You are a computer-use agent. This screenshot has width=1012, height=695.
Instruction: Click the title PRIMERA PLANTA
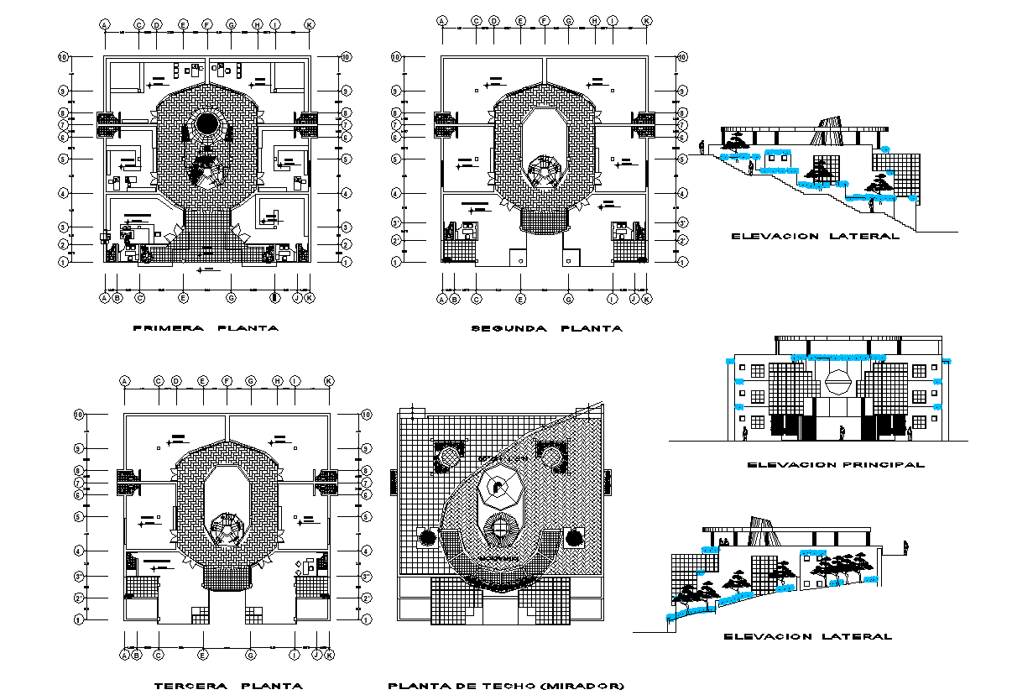[x=206, y=328]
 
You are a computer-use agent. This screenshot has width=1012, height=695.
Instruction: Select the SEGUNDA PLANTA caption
[x=547, y=328]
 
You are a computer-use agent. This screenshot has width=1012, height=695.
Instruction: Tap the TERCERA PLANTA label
[x=229, y=686]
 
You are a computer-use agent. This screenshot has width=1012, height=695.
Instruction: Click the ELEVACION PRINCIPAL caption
[x=836, y=464]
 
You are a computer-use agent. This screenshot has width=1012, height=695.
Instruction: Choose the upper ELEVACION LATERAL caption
[x=815, y=237]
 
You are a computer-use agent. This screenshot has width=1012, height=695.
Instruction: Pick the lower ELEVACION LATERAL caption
[x=807, y=636]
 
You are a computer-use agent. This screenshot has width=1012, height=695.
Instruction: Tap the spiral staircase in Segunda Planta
[x=545, y=172]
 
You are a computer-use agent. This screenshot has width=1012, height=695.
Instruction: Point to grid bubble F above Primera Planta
[x=206, y=24]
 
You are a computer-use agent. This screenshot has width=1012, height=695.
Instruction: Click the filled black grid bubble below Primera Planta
[x=274, y=297]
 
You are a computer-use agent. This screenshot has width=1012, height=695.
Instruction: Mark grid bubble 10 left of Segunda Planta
[x=398, y=57]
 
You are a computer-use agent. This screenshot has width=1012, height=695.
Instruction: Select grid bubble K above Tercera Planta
[x=329, y=381]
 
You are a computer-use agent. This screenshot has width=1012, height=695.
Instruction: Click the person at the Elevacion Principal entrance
[x=842, y=432]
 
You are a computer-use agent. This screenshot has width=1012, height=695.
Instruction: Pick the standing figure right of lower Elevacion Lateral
[x=905, y=547]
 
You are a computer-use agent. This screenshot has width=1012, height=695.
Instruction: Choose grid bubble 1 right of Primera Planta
[x=345, y=262]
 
